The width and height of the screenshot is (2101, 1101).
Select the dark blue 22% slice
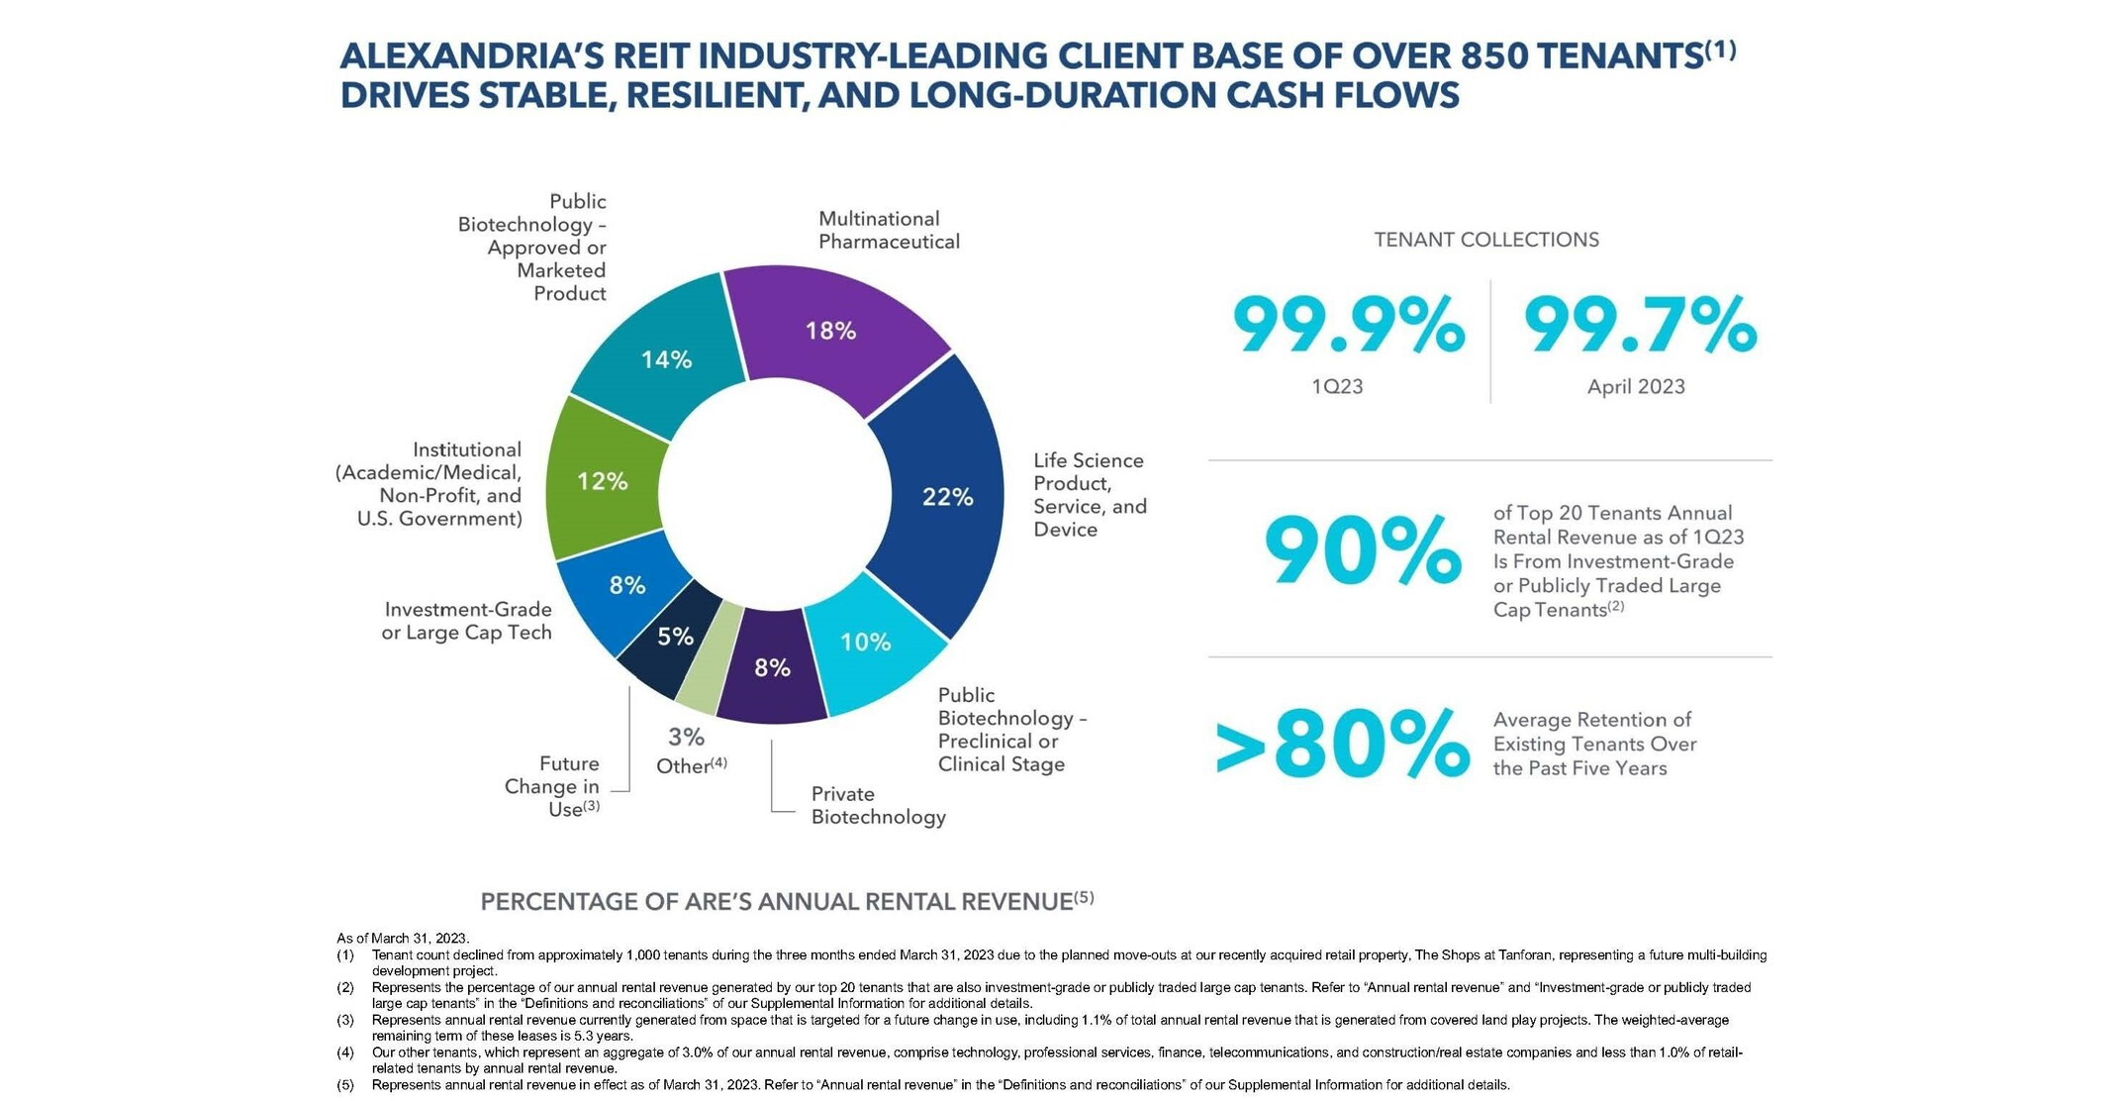[x=940, y=495]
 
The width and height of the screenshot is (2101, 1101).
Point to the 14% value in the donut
[x=666, y=359]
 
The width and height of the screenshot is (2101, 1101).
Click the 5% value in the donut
[x=675, y=637]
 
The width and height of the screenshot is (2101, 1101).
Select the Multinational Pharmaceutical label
[x=888, y=230]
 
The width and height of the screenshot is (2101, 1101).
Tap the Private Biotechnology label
[x=878, y=805]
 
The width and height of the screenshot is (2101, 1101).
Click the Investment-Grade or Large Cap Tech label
[x=466, y=621]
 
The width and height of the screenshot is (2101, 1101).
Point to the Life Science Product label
[x=1089, y=494]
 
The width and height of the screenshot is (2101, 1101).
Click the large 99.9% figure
[x=1347, y=325]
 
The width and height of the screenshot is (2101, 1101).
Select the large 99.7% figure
[x=1639, y=325]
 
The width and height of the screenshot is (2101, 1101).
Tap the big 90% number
[x=1362, y=552]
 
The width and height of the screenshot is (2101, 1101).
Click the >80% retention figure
[x=1342, y=745]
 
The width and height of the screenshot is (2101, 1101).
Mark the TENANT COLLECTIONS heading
[x=1485, y=240]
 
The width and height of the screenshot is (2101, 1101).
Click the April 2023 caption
[x=1635, y=387]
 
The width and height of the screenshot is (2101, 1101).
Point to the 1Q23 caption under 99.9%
[x=1336, y=387]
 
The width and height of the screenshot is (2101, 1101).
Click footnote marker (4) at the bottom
[x=344, y=1052]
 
